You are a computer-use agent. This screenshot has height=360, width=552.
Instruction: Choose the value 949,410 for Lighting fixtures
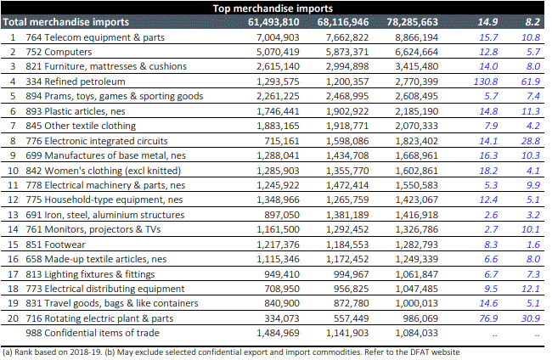277,274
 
